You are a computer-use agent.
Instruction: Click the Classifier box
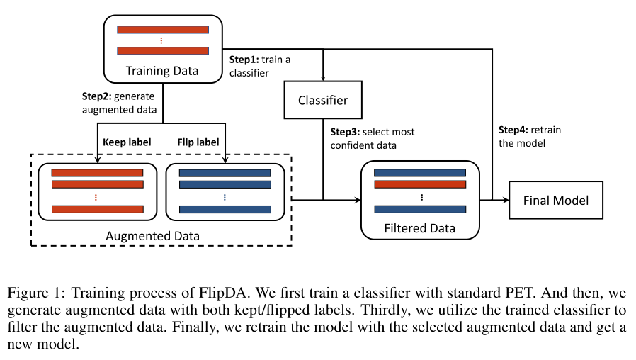[x=323, y=100]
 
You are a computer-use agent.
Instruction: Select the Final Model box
[x=556, y=201]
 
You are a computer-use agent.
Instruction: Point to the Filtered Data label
[x=419, y=228]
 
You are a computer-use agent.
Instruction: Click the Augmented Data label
[x=162, y=235]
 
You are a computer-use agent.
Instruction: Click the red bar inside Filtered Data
[x=419, y=184]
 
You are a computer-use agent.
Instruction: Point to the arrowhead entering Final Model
[x=506, y=201]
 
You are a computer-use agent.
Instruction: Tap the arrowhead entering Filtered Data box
[x=358, y=201]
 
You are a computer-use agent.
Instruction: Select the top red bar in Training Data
[x=163, y=30]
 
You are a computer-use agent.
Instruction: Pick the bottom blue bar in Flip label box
[x=225, y=209]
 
